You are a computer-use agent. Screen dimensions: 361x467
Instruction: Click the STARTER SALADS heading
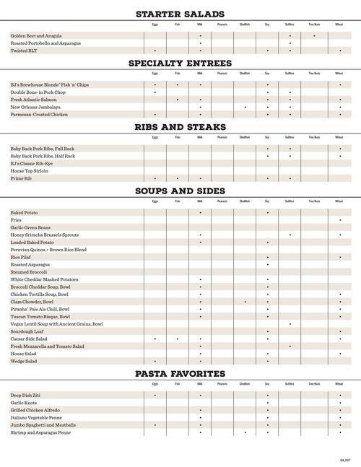180,14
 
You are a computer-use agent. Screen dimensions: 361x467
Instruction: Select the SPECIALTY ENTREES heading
180,64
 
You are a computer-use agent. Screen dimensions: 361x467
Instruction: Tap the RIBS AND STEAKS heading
180,127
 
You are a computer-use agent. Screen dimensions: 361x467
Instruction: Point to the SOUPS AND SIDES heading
180,191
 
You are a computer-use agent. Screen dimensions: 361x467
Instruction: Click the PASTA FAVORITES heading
180,373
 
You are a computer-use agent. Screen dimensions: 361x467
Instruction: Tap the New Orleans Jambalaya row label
35,107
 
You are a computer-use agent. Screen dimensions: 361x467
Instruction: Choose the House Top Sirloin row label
28,170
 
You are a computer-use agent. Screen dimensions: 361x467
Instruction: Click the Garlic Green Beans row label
30,227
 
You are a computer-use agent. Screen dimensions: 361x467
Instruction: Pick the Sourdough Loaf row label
27,331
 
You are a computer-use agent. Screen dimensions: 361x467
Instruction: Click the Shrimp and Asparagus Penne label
40,432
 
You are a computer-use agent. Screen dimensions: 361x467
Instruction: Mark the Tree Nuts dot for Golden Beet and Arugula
314,35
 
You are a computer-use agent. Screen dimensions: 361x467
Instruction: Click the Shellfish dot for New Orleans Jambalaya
245,107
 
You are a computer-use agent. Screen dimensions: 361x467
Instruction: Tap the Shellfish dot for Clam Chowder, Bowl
245,302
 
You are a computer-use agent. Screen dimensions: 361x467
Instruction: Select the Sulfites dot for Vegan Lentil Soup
290,324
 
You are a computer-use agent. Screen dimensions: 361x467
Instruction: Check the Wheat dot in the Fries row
339,220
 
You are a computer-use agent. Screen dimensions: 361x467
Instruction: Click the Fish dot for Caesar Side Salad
178,339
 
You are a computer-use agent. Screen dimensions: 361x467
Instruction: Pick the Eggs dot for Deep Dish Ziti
155,396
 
